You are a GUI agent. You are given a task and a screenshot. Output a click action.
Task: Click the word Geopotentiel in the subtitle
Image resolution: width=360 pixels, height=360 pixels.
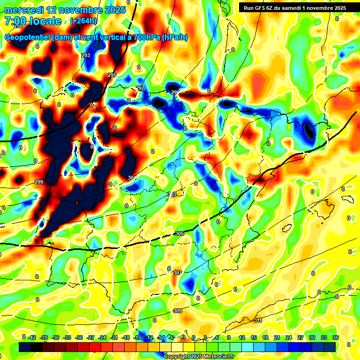click(x=27, y=37)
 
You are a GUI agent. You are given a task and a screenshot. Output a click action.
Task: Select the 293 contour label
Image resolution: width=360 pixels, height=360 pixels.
click(x=85, y=56)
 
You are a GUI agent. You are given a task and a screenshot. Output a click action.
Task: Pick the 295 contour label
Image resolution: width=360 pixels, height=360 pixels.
click(x=112, y=75)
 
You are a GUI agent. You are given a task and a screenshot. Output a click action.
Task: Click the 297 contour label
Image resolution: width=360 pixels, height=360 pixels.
click(x=140, y=89)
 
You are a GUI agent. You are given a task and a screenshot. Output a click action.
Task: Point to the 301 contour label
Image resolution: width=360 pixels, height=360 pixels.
click(x=132, y=178)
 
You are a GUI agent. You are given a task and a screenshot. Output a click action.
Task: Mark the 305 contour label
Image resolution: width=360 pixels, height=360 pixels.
click(x=179, y=233)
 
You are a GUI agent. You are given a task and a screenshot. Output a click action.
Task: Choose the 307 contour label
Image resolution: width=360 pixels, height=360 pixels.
click(x=177, y=273)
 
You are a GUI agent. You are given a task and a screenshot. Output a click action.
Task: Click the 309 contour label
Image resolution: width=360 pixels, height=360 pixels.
click(x=178, y=311)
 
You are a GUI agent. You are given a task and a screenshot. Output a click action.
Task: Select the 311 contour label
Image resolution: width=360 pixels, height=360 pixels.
click(x=257, y=320)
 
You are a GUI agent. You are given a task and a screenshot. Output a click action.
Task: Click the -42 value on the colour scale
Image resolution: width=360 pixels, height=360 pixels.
click(x=32, y=337)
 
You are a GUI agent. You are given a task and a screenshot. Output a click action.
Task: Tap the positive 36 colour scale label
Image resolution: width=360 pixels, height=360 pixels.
click(x=335, y=337)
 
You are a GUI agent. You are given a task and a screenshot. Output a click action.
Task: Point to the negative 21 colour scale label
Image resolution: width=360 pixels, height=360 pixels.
click(x=114, y=337)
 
